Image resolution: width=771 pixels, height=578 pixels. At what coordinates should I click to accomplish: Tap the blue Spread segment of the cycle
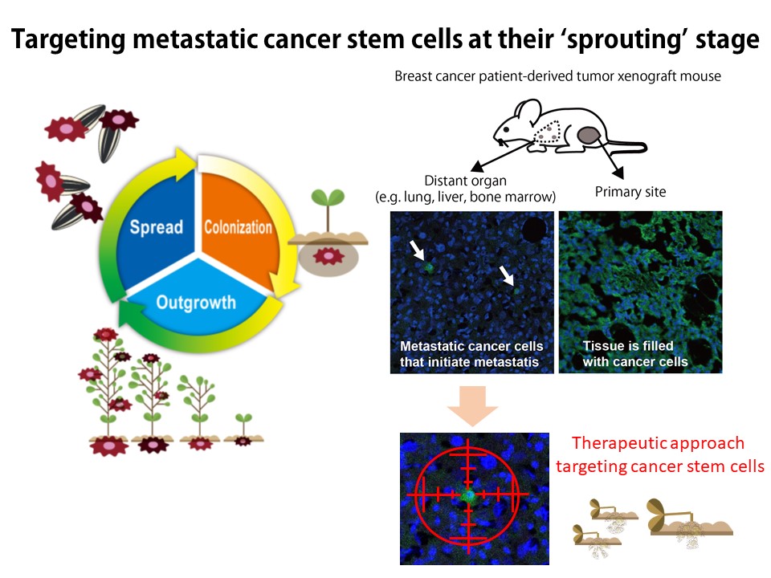(157, 226)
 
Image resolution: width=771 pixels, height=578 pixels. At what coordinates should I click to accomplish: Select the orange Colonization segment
(238, 226)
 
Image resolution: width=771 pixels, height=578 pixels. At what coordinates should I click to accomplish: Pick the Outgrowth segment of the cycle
(196, 302)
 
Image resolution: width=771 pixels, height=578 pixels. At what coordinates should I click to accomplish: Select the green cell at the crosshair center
(468, 495)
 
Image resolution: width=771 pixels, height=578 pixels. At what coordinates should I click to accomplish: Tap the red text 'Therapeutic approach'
(658, 443)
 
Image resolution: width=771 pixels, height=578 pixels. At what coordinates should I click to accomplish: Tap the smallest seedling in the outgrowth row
(242, 429)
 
